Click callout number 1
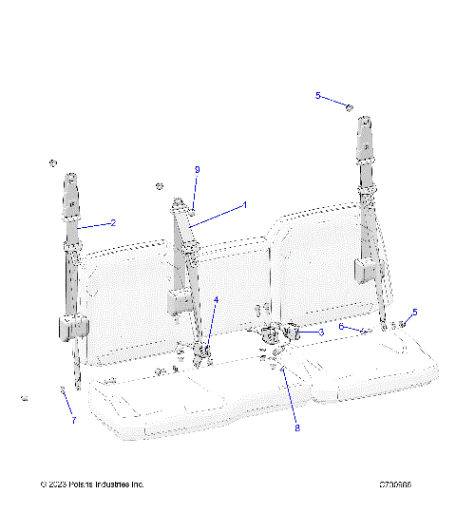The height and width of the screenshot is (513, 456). [245, 204]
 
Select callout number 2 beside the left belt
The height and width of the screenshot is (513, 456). [113, 223]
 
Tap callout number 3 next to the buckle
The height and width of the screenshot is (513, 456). [321, 332]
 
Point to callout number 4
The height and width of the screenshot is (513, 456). [216, 300]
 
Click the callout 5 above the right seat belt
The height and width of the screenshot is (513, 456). [318, 96]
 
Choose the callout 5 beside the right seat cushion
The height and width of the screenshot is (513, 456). [414, 313]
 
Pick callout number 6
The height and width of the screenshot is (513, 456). [342, 327]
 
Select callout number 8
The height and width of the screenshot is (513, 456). [296, 428]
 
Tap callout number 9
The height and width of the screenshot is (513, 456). [197, 169]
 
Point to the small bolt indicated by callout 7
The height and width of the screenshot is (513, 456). [62, 389]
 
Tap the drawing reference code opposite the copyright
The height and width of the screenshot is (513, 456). [394, 484]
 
